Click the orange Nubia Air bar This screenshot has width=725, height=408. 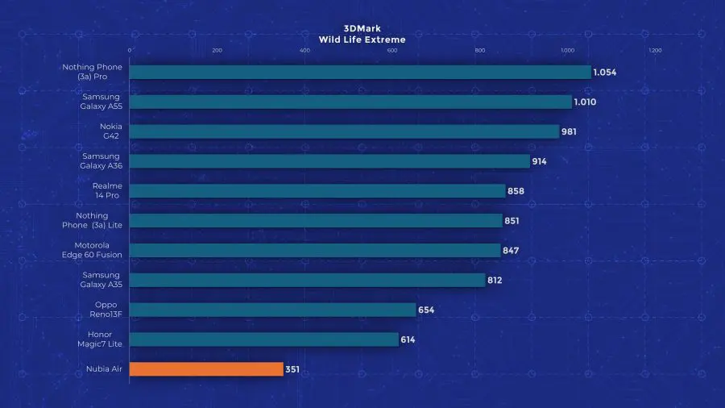point(206,369)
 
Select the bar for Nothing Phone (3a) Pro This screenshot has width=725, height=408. point(359,73)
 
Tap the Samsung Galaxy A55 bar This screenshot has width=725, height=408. point(350,102)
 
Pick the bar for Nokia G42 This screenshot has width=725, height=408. point(344,131)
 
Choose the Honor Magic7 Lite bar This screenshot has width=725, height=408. point(263,339)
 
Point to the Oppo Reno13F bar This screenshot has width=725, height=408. point(272,310)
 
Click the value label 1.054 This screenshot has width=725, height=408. point(605,73)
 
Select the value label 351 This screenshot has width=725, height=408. point(293,369)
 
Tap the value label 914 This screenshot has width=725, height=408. point(539,161)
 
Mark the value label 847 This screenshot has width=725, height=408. point(511,251)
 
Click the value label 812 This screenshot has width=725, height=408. point(497,280)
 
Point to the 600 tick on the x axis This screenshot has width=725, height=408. point(392,51)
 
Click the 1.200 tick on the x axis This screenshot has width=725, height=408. point(655,51)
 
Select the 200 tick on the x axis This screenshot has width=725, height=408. point(217,51)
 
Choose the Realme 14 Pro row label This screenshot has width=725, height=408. point(107,191)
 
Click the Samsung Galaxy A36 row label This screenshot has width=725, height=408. point(101,161)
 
